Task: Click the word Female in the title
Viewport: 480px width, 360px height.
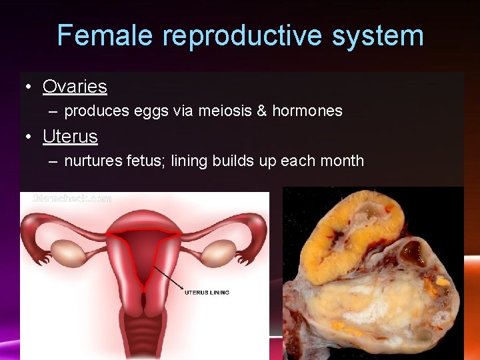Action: pyautogui.click(x=106, y=35)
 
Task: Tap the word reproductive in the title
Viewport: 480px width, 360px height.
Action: pyautogui.click(x=243, y=35)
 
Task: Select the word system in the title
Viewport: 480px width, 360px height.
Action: pyautogui.click(x=378, y=35)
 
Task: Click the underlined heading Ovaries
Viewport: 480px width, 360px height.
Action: pyautogui.click(x=75, y=87)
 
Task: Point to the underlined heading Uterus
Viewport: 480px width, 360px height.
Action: pyautogui.click(x=70, y=137)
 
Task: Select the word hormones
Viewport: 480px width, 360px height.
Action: pyautogui.click(x=307, y=111)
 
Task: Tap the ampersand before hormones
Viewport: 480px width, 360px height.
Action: pyautogui.click(x=263, y=111)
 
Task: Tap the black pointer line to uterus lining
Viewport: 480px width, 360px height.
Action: pyautogui.click(x=169, y=279)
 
